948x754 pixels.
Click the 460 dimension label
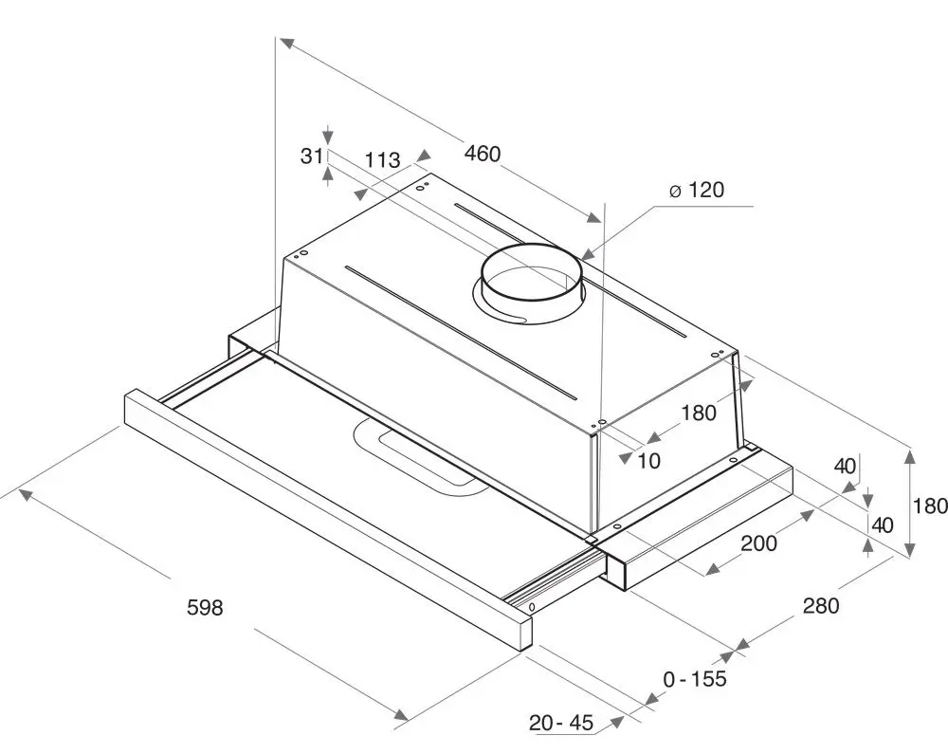click(x=483, y=154)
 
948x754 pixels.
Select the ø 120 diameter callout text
click(x=697, y=190)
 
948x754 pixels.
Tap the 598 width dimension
click(x=205, y=607)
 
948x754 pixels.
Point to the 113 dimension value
click(x=383, y=159)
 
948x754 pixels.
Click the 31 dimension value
click(x=311, y=156)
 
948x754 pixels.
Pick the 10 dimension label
click(x=648, y=461)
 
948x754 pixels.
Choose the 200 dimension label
click(x=758, y=543)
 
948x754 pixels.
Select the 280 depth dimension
click(x=821, y=605)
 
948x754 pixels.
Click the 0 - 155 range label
click(x=695, y=679)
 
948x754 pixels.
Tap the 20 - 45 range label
click(x=561, y=723)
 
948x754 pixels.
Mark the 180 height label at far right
click(x=930, y=506)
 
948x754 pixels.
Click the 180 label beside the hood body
click(x=699, y=413)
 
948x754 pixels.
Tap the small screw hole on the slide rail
click(x=532, y=606)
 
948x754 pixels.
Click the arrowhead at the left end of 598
click(x=27, y=494)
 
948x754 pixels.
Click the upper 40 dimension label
click(x=845, y=467)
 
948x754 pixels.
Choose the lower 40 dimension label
click(x=884, y=524)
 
